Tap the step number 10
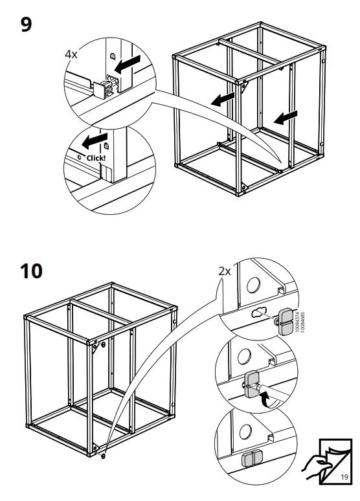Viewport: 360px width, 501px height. [31, 270]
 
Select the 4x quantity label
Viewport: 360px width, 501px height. [71, 55]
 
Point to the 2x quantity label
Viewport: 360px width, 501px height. [224, 271]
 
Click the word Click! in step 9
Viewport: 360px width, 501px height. [95, 158]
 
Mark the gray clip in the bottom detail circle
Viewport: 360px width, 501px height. [249, 459]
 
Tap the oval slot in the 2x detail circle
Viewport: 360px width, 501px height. [259, 313]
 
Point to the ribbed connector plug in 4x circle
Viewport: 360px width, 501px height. [104, 89]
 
